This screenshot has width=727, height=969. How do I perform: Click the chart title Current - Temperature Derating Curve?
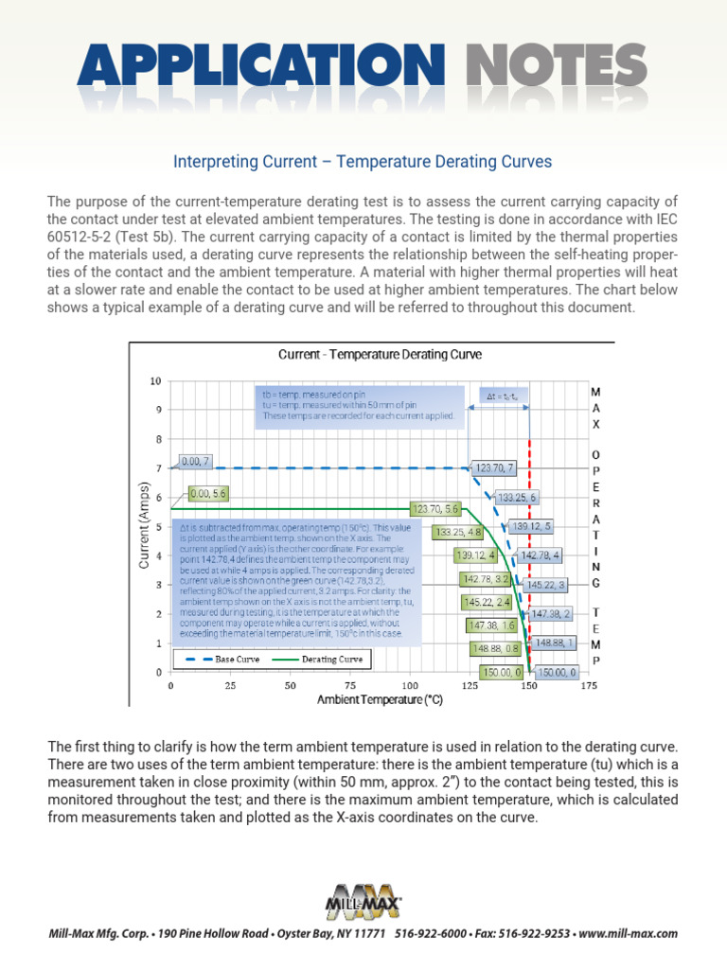click(x=380, y=355)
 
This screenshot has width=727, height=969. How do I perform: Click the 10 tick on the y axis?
click(x=155, y=381)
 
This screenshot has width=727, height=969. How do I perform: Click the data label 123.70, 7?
click(x=494, y=467)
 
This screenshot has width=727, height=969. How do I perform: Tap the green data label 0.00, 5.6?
click(x=207, y=493)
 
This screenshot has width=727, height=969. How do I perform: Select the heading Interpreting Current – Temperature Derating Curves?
click(x=363, y=162)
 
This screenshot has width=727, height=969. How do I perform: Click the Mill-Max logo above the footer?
click(x=363, y=900)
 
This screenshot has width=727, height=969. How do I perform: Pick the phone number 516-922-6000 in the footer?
click(x=431, y=933)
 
